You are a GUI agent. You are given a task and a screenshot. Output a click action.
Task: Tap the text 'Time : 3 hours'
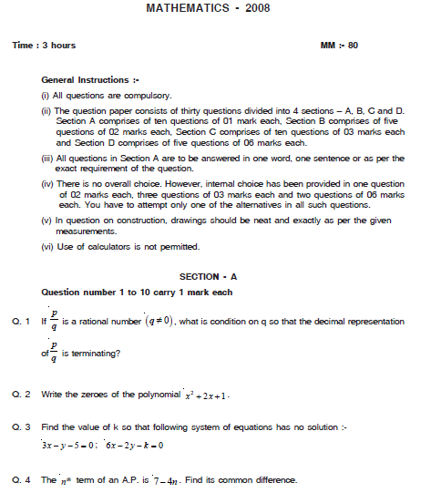pyautogui.click(x=44, y=45)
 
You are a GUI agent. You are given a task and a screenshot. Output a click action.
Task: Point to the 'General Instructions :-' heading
pyautogui.click(x=91, y=79)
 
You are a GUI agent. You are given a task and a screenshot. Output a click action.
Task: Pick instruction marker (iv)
pyautogui.click(x=48, y=184)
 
